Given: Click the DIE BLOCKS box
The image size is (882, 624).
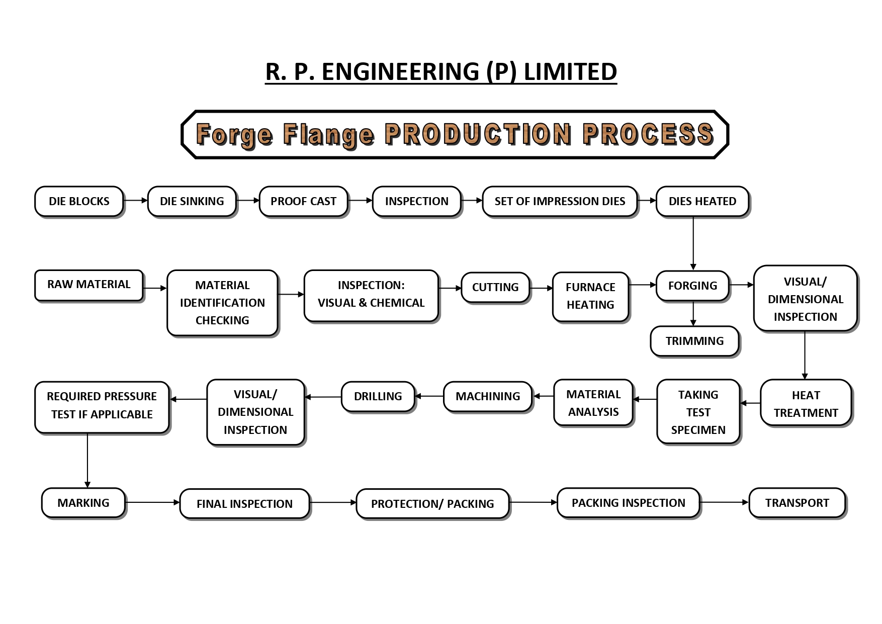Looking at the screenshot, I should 79,202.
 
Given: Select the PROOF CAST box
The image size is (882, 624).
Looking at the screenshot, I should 303,202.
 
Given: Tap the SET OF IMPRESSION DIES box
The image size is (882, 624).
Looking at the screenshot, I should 560,202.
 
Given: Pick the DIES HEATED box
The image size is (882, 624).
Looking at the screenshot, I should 702,202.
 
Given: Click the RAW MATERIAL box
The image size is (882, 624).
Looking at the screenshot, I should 89,285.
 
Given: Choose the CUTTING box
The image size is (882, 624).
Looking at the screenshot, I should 495,288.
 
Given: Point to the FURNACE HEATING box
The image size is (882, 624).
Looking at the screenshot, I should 590,296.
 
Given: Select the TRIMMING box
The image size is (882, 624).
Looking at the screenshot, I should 694,341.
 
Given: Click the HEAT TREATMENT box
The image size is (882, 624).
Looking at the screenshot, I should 806,404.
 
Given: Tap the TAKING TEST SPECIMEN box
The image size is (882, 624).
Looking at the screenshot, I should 698,412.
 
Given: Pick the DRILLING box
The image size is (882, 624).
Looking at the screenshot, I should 378,397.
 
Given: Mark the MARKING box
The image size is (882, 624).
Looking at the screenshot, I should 83,503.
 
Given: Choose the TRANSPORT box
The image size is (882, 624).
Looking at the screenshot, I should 797,503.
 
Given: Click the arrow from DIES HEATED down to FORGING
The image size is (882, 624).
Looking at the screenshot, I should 693,243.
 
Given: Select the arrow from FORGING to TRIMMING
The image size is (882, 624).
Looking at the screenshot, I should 693,314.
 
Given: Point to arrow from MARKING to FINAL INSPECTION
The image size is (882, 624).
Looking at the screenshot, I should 152,502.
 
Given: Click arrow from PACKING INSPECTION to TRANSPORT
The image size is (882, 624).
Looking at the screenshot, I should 724,502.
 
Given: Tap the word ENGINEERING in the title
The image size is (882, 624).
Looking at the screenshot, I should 400,72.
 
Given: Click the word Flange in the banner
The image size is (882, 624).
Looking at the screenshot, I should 328,135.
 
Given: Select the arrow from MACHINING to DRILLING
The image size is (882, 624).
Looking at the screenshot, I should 429,396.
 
